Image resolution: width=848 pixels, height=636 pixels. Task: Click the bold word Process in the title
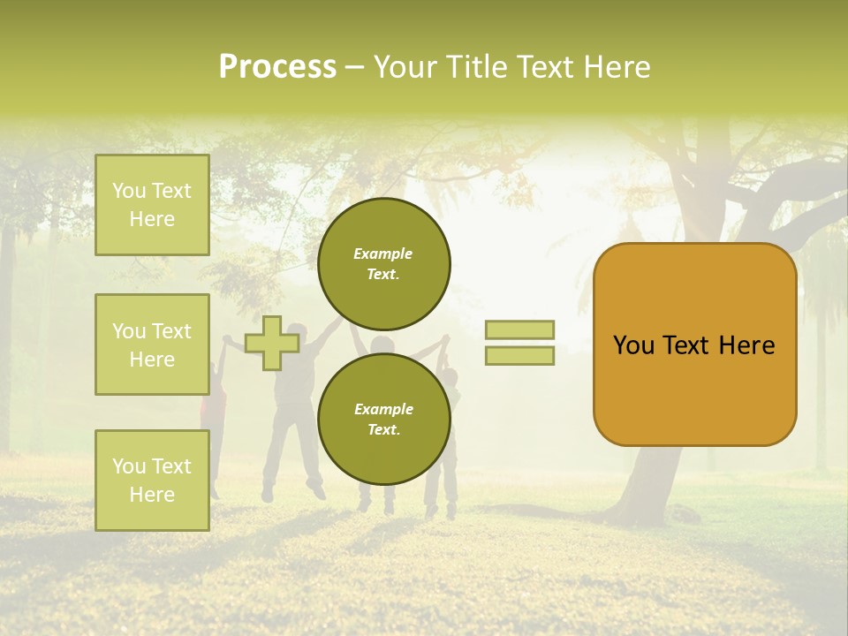pyautogui.click(x=277, y=67)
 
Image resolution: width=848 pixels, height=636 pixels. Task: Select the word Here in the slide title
pyautogui.click(x=617, y=67)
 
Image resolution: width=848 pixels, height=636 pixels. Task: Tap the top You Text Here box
pyautogui.click(x=152, y=205)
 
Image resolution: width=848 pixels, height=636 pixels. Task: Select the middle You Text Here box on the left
pyautogui.click(x=152, y=344)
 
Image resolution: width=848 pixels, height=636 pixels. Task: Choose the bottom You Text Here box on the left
pyautogui.click(x=152, y=480)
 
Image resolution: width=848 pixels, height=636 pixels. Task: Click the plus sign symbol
pyautogui.click(x=271, y=343)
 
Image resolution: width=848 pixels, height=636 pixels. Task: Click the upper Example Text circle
pyautogui.click(x=383, y=263)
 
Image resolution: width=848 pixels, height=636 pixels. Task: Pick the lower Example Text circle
pyautogui.click(x=383, y=419)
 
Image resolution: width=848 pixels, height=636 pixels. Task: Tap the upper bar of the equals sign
pyautogui.click(x=519, y=329)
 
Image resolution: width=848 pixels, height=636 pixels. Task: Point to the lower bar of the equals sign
pyautogui.click(x=519, y=356)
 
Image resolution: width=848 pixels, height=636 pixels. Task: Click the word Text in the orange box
pyautogui.click(x=692, y=345)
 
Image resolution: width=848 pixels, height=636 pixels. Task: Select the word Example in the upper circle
pyautogui.click(x=383, y=254)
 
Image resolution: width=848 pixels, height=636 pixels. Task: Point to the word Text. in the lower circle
pyautogui.click(x=383, y=429)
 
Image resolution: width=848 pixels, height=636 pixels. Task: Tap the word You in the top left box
pyautogui.click(x=129, y=191)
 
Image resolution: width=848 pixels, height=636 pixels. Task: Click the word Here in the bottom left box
pyautogui.click(x=152, y=495)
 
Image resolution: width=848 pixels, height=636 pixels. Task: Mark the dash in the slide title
pyautogui.click(x=354, y=68)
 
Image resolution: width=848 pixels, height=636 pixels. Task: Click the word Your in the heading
pyautogui.click(x=403, y=67)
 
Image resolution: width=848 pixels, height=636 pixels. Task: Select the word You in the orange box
pyautogui.click(x=633, y=345)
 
